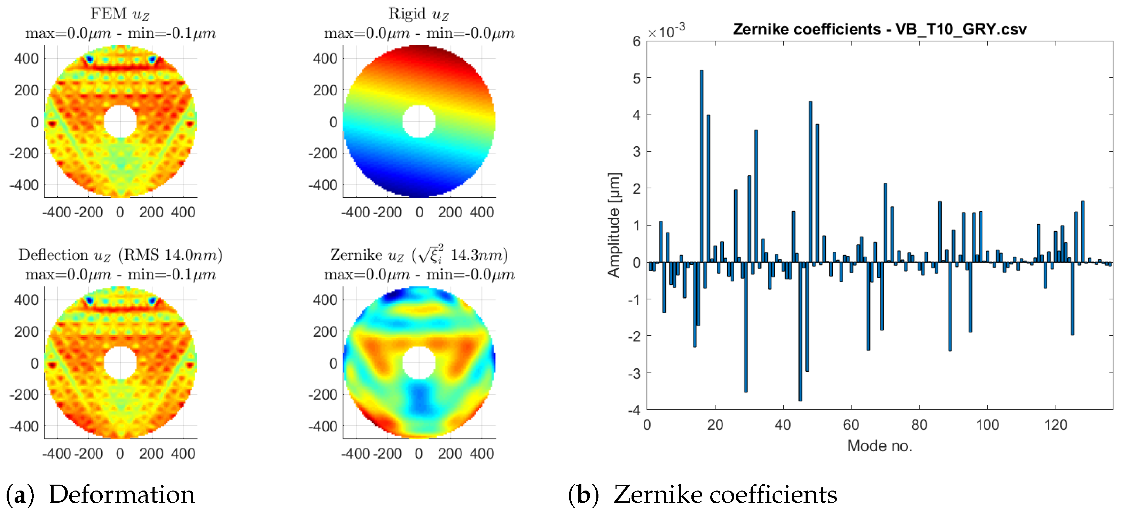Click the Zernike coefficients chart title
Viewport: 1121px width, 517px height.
click(x=879, y=29)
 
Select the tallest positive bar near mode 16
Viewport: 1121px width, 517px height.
click(x=701, y=165)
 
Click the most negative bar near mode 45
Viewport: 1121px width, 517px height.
click(x=800, y=331)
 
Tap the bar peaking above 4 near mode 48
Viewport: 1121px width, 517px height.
click(x=810, y=183)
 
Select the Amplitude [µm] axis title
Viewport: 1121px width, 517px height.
click(x=613, y=225)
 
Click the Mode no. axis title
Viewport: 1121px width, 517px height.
click(x=879, y=446)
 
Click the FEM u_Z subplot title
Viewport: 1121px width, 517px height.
click(x=120, y=14)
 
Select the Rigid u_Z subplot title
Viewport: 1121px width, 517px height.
click(x=418, y=14)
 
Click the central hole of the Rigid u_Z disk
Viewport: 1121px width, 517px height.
click(x=418, y=122)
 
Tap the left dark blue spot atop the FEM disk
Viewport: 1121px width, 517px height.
click(x=89, y=59)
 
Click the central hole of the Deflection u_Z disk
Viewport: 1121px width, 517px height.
click(x=120, y=362)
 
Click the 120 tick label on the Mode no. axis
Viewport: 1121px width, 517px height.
click(x=1055, y=424)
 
